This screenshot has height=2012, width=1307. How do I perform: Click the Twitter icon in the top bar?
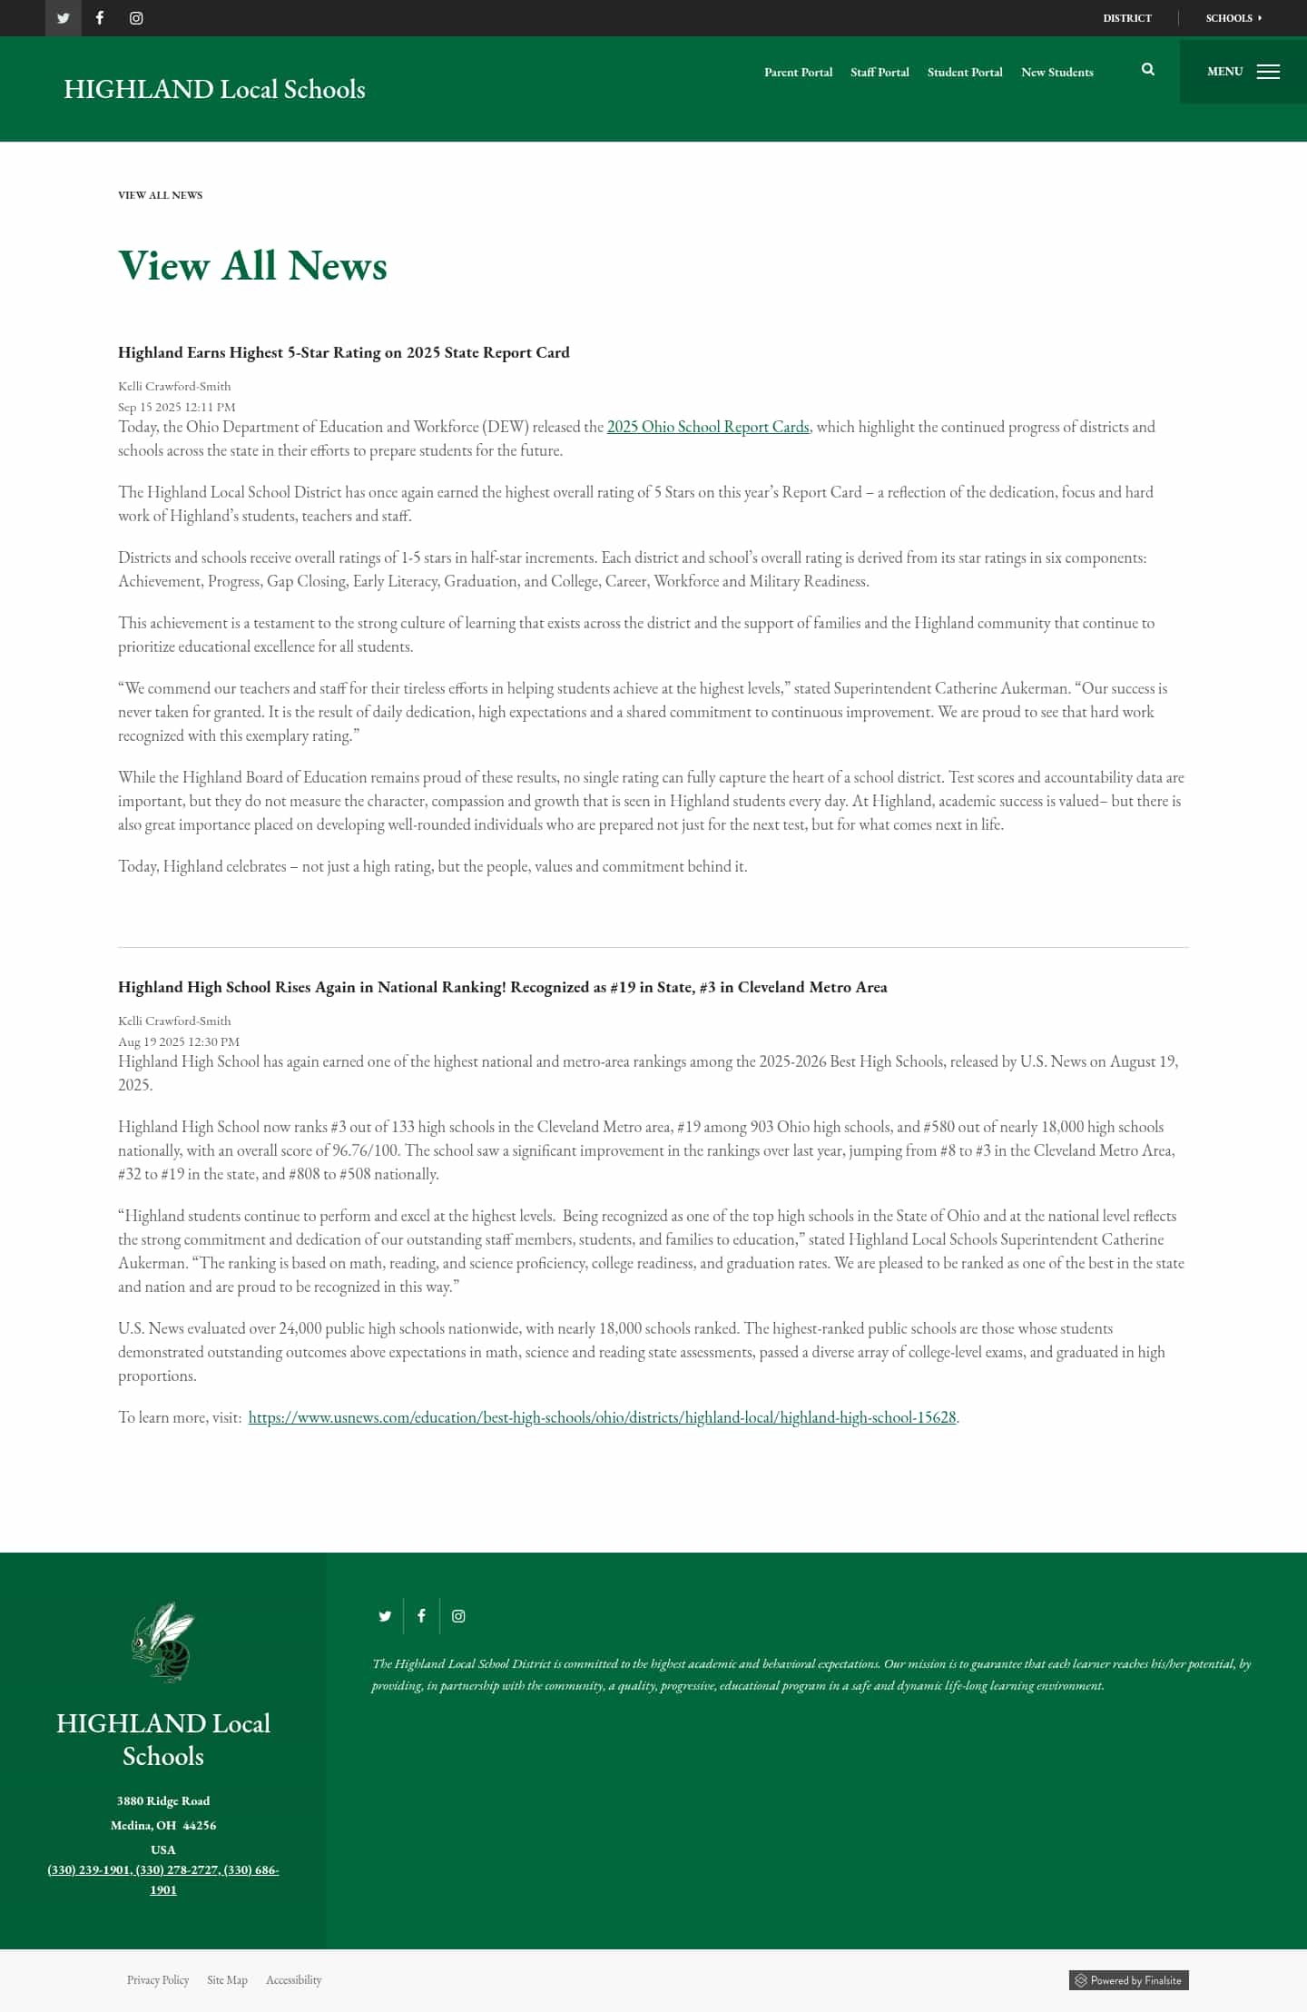tap(64, 18)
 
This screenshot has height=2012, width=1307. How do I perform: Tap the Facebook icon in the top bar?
tap(100, 18)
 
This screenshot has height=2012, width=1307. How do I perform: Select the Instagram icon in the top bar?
tap(136, 18)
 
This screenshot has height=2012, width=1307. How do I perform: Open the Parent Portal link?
tap(798, 73)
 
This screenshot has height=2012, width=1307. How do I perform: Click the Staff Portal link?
tap(880, 73)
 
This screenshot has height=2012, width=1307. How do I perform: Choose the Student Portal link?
tap(965, 73)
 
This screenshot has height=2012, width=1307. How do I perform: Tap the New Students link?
tap(1056, 73)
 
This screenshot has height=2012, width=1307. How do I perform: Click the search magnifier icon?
tap(1148, 70)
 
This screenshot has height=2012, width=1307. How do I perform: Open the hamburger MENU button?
tap(1243, 72)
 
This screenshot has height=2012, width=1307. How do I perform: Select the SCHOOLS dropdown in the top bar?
tap(1233, 18)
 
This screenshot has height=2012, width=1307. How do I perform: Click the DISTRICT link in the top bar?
tap(1127, 18)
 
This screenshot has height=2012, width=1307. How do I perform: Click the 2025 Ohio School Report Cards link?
tap(708, 427)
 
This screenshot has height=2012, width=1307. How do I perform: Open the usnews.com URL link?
tap(602, 1417)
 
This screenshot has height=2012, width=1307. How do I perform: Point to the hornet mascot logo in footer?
tap(163, 1642)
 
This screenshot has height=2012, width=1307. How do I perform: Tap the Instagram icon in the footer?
tap(458, 1616)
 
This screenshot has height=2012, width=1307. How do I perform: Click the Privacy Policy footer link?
tap(158, 1980)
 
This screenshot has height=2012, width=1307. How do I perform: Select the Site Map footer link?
tap(227, 1980)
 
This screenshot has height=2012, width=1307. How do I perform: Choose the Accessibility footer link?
tap(293, 1980)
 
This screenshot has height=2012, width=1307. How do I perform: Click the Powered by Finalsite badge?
tap(1128, 1980)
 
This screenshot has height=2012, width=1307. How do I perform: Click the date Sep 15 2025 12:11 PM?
tap(177, 407)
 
